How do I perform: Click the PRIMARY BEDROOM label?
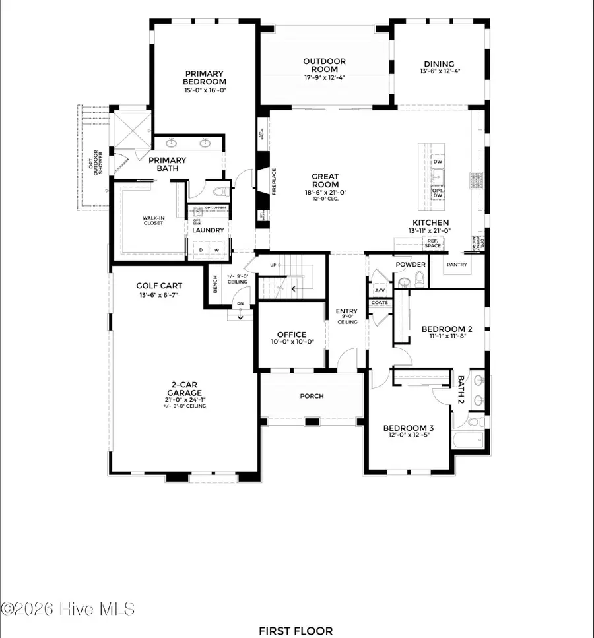point(204,78)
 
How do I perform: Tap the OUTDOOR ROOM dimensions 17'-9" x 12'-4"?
point(324,77)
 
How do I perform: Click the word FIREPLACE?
point(273,181)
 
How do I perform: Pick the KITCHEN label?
point(430,223)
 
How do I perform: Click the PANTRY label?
point(456,265)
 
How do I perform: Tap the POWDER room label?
point(411,264)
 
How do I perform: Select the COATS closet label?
point(379,303)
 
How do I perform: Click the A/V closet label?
point(379,290)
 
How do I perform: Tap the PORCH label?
point(311,396)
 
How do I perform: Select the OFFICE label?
point(291,335)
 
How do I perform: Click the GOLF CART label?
point(159,286)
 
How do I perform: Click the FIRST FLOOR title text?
point(296,631)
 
